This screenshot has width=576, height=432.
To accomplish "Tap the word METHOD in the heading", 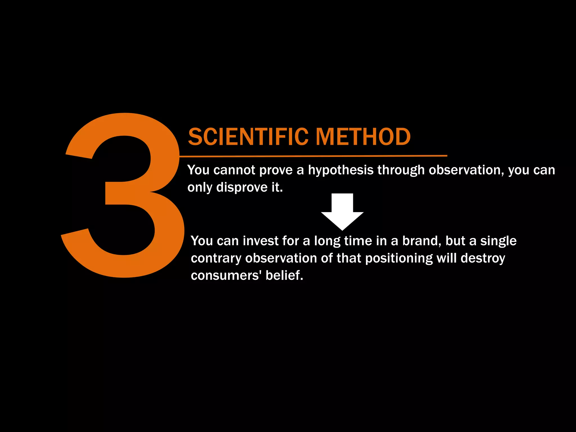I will coord(363,137).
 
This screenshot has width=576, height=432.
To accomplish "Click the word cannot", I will coord(234,170).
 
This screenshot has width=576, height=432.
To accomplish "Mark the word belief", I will coord(284,275).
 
